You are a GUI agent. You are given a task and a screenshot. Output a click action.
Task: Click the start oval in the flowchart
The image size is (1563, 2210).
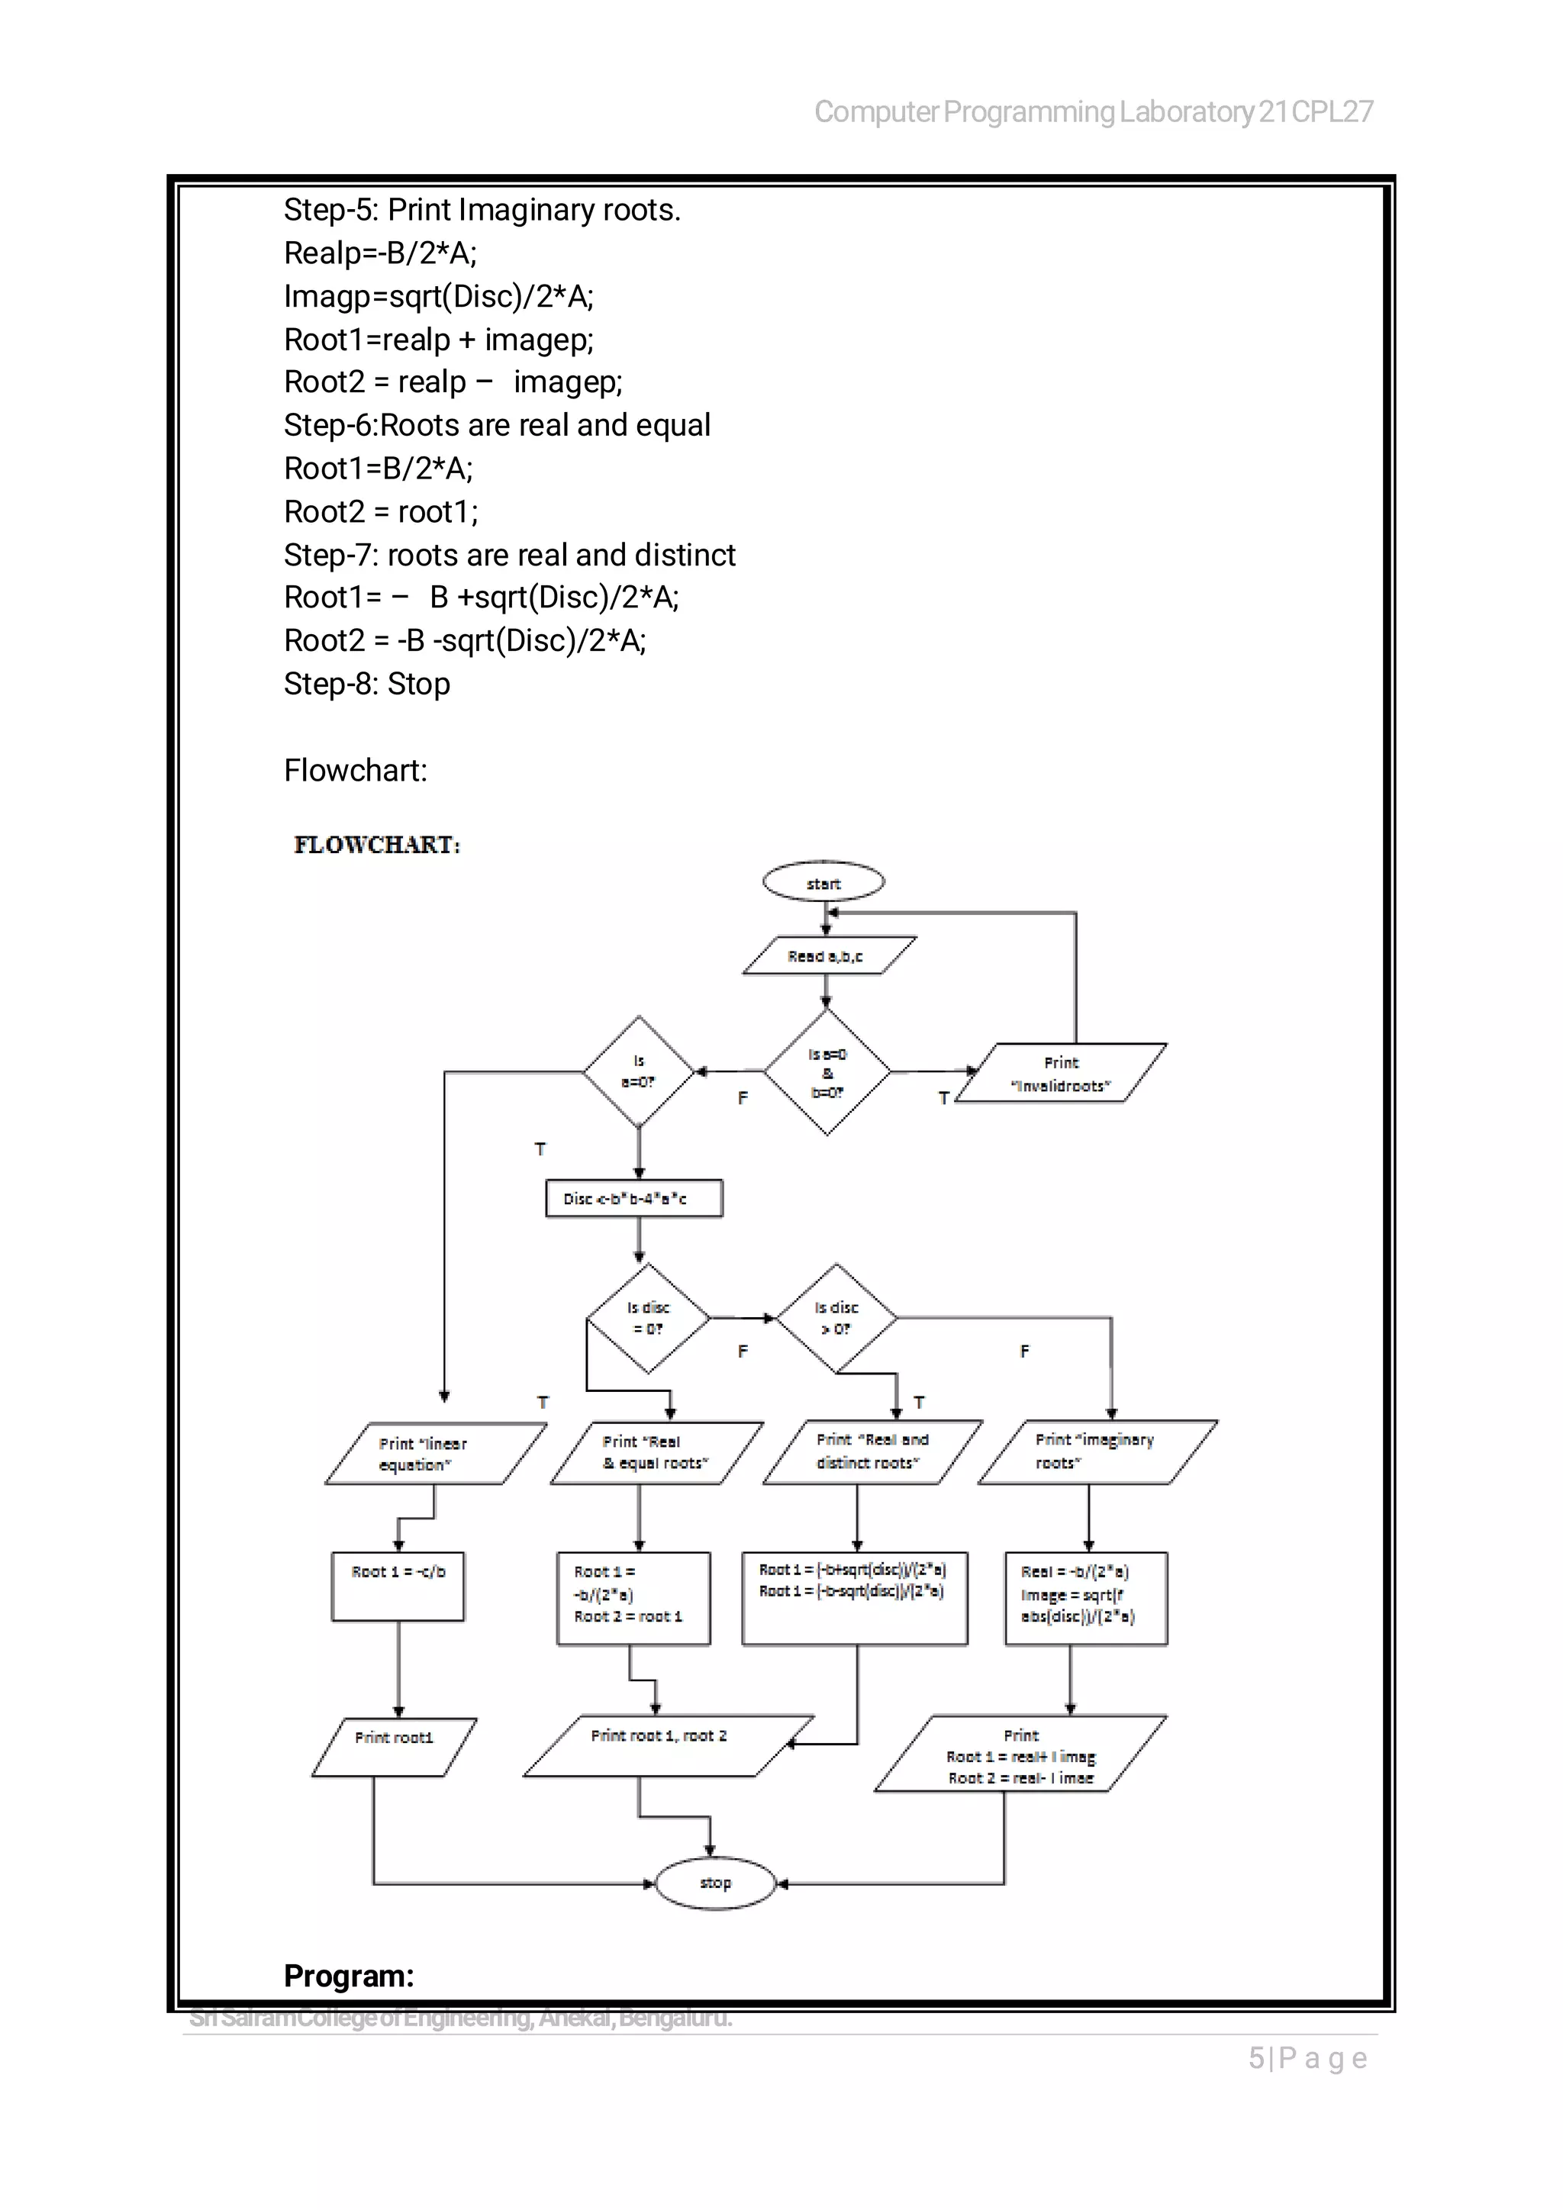point(823,881)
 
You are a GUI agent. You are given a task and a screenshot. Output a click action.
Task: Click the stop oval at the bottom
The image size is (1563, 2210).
point(715,1882)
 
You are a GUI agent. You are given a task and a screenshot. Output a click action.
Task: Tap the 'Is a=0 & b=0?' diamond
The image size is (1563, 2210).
point(827,1072)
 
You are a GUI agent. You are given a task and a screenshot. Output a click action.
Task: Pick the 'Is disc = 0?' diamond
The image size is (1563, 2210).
point(648,1318)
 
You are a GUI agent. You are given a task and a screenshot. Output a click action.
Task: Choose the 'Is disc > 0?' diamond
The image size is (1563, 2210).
point(836,1318)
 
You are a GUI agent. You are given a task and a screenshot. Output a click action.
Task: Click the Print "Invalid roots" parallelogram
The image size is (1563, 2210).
point(1062,1073)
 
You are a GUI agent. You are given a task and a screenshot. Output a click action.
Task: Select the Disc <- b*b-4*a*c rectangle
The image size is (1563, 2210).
point(633,1198)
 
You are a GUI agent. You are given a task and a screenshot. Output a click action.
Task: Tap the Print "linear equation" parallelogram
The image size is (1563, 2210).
point(435,1454)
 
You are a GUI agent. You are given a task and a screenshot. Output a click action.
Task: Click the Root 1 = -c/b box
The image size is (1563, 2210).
point(398,1587)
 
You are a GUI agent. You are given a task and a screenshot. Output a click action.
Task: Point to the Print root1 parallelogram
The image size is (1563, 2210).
point(395,1747)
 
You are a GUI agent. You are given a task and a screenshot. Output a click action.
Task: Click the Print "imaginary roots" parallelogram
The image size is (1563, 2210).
point(1097,1451)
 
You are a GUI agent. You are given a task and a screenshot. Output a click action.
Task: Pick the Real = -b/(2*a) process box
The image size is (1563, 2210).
point(1086,1598)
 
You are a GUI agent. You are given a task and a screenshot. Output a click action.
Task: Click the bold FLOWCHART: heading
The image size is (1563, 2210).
point(377,844)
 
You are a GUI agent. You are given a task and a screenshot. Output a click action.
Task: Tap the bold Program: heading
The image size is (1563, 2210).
point(349,1976)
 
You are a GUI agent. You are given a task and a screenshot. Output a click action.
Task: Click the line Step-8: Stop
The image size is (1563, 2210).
point(366,684)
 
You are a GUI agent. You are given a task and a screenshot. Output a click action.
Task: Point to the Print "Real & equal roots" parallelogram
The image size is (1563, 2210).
point(656,1452)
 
